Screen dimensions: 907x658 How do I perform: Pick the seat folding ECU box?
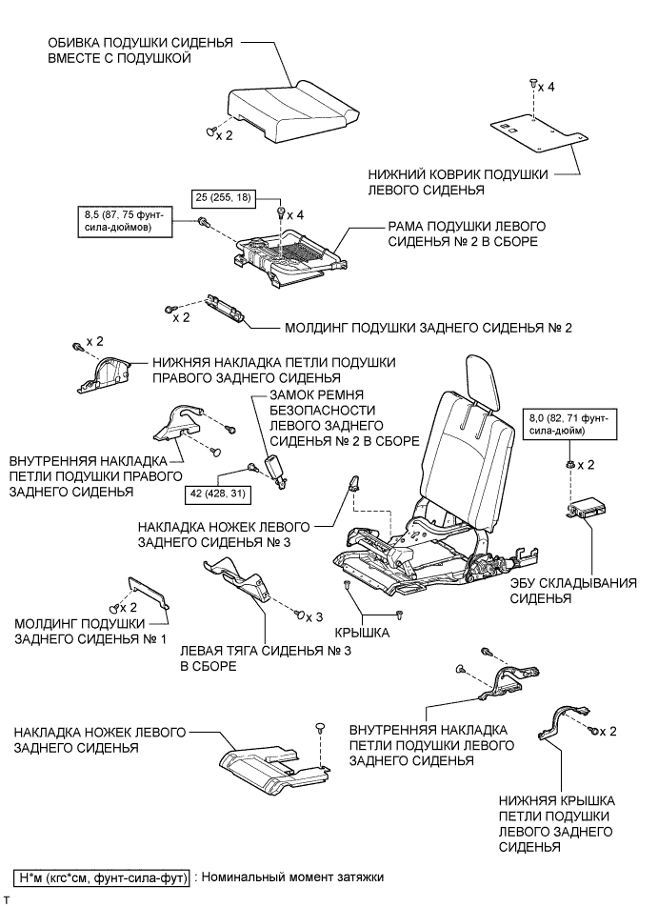(589, 511)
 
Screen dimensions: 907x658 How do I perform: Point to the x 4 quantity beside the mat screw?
(546, 87)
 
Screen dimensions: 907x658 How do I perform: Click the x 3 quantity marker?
(314, 616)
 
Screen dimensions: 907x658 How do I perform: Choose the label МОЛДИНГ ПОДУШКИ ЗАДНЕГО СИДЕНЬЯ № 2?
(428, 327)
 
